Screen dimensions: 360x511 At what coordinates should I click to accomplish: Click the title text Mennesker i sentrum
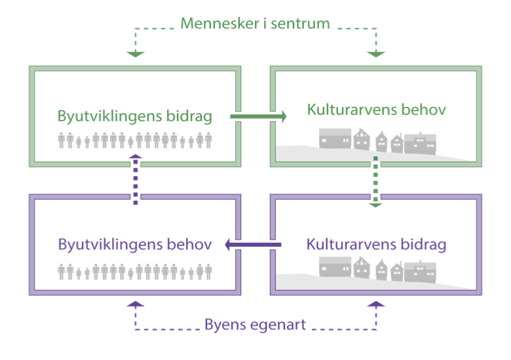coord(255,24)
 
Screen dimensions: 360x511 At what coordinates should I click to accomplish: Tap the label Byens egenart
coord(255,324)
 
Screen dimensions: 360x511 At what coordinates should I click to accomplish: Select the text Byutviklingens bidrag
coord(134,117)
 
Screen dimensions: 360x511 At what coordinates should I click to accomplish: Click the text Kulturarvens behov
coord(377,109)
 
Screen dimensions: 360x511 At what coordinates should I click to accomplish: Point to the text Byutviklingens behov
coord(134,245)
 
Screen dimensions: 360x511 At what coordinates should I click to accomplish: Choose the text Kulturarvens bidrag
coord(377,245)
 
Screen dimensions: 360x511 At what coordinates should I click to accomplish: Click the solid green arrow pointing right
coord(258,117)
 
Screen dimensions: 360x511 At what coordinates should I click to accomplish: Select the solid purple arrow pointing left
coord(254,245)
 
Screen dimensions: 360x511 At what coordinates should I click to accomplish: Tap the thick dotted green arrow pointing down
coord(375,181)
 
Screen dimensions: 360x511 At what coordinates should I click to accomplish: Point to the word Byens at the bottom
coord(224,324)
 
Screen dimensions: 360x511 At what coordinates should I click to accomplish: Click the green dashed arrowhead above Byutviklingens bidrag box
coord(135,53)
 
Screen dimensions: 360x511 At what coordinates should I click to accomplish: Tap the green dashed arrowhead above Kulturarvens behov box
coord(375,53)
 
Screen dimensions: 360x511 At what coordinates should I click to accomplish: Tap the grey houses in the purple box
coord(377,269)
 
